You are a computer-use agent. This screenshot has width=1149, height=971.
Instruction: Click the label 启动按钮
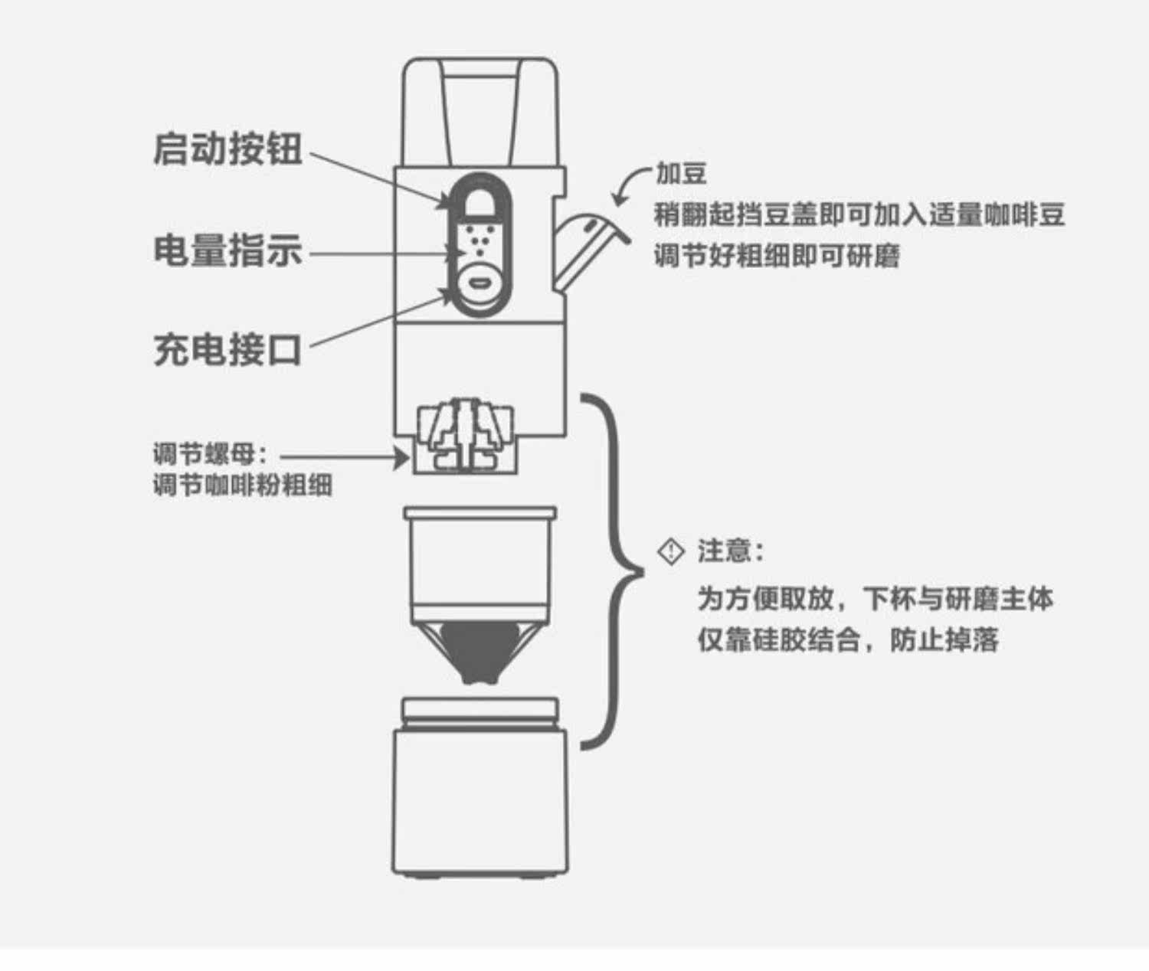click(228, 149)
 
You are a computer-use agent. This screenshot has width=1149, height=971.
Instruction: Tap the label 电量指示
click(228, 250)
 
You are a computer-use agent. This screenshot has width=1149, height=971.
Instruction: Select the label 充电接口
click(228, 349)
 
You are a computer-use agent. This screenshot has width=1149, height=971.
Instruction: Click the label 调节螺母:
click(211, 454)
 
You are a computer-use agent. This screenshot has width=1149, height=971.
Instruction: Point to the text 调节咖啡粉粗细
click(243, 485)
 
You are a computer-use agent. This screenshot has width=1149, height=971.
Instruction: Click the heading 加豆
click(681, 174)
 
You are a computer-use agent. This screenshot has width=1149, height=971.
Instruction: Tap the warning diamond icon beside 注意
click(672, 551)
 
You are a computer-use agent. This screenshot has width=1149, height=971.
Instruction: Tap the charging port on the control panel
click(480, 282)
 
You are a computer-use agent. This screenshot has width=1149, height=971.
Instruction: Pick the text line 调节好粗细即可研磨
click(777, 256)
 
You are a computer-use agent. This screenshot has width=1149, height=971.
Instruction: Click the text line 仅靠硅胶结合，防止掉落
click(848, 640)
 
